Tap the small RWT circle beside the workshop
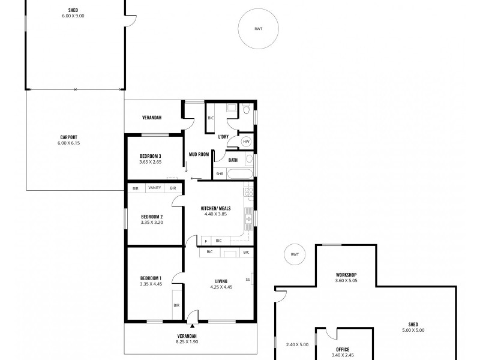pos(294,254)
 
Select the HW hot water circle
pos(246,142)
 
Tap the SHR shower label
pos(220,174)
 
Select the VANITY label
pos(155,188)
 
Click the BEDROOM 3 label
pos(151,155)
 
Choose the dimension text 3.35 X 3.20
pos(152,222)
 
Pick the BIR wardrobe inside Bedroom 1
pos(176,305)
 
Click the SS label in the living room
pos(248,279)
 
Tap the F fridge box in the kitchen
pos(206,241)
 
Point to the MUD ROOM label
pos(199,154)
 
